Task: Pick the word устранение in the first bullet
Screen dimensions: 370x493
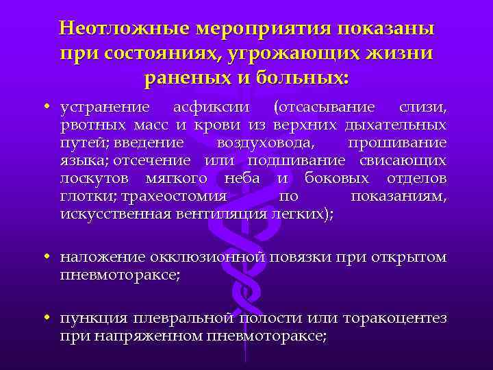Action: click(x=105, y=108)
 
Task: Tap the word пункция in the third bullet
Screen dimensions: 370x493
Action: click(x=89, y=319)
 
